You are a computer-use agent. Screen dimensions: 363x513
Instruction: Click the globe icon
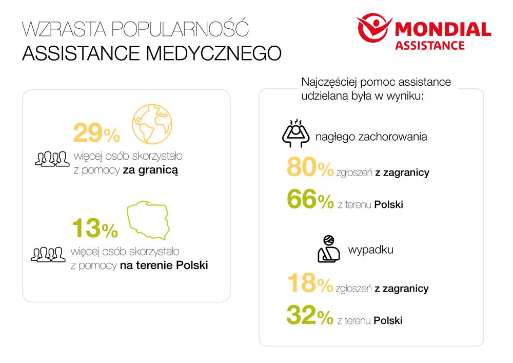click(152, 124)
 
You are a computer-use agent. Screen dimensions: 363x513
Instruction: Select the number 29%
click(96, 133)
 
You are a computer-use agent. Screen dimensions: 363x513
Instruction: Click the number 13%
click(95, 228)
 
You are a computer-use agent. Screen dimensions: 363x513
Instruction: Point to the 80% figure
click(310, 169)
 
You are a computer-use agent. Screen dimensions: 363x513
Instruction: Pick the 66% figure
click(310, 201)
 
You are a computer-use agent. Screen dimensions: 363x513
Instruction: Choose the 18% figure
click(310, 284)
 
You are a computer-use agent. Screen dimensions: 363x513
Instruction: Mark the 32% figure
click(310, 316)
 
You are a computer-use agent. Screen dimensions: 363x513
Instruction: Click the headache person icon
click(295, 133)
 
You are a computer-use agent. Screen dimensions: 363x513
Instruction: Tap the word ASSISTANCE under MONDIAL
click(430, 45)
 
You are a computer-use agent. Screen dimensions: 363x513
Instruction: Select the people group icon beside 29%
click(52, 159)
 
